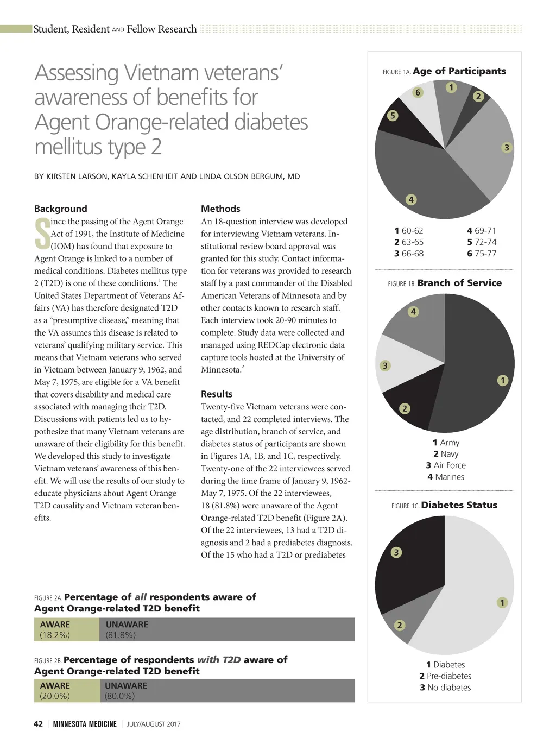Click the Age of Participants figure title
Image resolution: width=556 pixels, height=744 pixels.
459,71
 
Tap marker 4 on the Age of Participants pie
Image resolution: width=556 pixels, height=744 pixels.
411,200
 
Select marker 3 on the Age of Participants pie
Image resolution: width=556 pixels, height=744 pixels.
507,148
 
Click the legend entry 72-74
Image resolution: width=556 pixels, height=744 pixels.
482,242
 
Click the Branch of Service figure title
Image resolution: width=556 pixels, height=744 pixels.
459,283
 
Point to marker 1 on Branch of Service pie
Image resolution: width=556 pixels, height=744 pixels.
503,380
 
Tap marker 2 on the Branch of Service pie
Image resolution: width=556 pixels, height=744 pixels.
405,408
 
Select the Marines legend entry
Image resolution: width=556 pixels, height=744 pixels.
445,477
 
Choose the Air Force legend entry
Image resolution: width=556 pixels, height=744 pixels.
445,465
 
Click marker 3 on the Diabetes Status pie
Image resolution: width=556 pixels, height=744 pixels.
396,552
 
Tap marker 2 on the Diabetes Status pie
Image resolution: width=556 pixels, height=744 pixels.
400,625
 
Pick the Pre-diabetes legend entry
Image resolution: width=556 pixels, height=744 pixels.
445,676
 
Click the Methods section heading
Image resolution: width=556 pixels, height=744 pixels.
220,209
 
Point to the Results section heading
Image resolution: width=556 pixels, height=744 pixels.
217,394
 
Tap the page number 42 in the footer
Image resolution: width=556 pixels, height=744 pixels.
38,724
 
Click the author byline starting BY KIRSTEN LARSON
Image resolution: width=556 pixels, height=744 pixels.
167,176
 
